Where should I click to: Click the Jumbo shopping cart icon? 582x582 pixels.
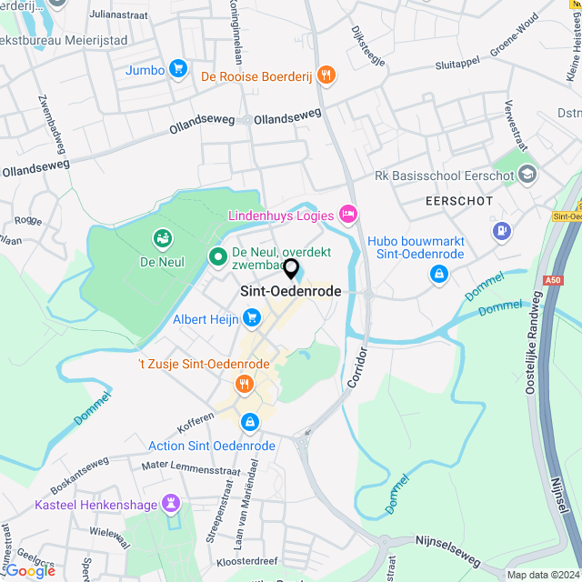[x=177, y=69]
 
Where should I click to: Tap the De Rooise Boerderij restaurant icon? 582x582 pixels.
[x=327, y=75]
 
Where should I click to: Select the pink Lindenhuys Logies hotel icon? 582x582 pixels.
[x=346, y=213]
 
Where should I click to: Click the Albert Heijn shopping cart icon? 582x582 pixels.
[x=251, y=318]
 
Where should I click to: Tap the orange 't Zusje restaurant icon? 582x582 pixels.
[x=243, y=384]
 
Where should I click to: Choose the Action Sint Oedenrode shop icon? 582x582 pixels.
[x=249, y=423]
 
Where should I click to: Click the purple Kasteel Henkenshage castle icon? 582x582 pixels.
[x=170, y=503]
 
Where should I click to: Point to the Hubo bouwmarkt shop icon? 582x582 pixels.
[x=439, y=273]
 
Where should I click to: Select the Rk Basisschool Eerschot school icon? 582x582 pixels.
[x=527, y=173]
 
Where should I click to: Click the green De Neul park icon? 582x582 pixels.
[x=163, y=239]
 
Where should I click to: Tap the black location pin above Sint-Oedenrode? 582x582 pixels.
[x=291, y=269]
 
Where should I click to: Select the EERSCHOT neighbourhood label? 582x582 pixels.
[x=458, y=200]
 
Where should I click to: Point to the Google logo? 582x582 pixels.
[x=29, y=570]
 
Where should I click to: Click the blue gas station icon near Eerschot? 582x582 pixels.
[x=500, y=231]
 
